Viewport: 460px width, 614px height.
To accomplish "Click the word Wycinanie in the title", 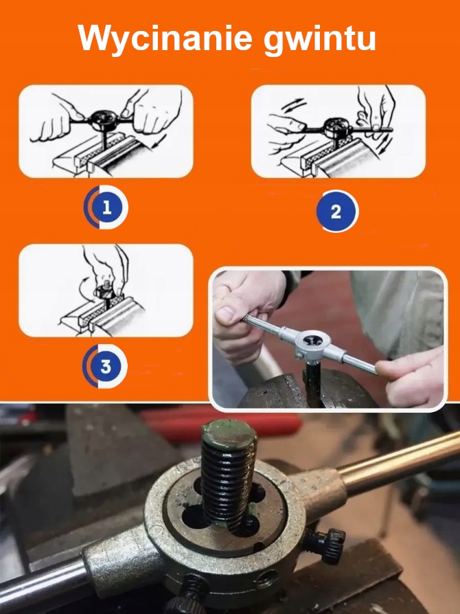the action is [x=165, y=38].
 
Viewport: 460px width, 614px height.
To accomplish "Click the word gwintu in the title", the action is [x=320, y=39].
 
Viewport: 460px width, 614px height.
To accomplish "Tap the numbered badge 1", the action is [x=106, y=207].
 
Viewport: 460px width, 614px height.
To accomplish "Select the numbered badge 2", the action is [x=337, y=212].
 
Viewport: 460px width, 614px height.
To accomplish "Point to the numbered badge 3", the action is [x=105, y=366].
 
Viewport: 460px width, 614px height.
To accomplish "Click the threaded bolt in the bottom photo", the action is [x=228, y=475].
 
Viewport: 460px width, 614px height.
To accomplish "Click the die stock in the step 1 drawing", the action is [x=102, y=119].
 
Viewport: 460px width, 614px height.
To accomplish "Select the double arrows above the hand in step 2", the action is [x=295, y=104].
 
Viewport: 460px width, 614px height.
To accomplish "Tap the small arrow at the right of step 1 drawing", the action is [x=160, y=141].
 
